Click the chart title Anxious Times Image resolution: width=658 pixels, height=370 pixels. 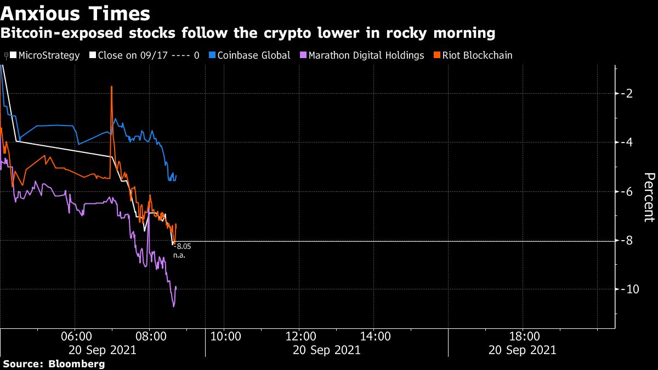point(75,13)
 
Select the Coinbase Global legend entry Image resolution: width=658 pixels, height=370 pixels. point(253,55)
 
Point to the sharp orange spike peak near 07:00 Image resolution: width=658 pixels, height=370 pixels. point(111,87)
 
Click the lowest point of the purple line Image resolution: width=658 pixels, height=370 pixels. point(173,306)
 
